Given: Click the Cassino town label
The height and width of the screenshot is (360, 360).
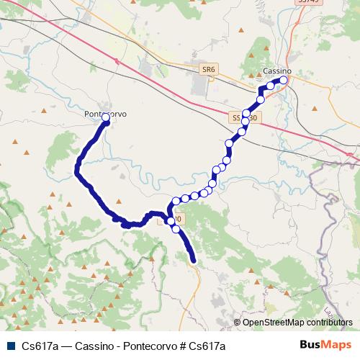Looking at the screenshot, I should pyautogui.click(x=277, y=71).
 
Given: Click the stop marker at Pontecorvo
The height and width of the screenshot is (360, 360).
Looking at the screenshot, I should pyautogui.click(x=106, y=117).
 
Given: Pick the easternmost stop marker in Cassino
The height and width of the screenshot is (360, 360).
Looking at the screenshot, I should pyautogui.click(x=284, y=81).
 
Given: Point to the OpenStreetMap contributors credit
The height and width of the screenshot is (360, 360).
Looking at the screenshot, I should pyautogui.click(x=297, y=323).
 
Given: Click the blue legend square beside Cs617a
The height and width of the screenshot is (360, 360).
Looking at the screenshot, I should pyautogui.click(x=9, y=346).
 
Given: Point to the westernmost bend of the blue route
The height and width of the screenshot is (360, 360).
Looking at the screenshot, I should pyautogui.click(x=75, y=170).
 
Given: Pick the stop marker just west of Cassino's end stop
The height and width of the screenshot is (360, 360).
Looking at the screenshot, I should pyautogui.click(x=271, y=86).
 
